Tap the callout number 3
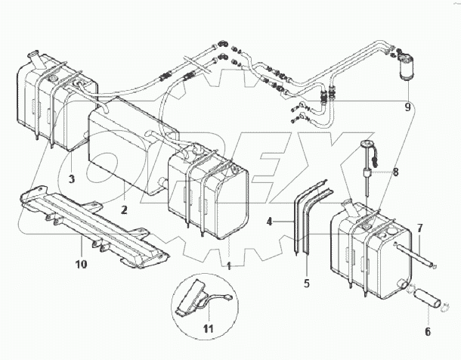click(x=70, y=179)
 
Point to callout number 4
click(x=269, y=222)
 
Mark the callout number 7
click(x=421, y=228)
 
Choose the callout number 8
click(x=394, y=172)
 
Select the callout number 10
click(x=81, y=264)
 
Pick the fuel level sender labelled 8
click(x=370, y=163)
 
